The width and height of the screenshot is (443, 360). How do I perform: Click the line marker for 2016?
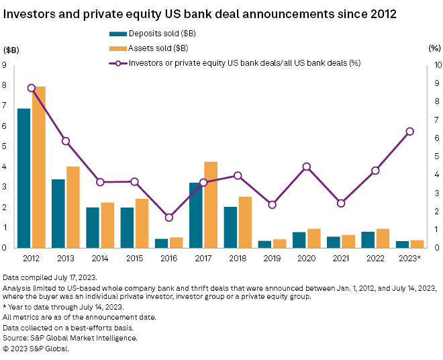coord(169,218)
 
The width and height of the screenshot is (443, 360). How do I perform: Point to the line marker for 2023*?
coord(409,131)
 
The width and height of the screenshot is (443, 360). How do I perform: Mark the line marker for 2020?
coord(306,167)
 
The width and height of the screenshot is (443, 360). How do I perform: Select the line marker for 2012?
coord(31,88)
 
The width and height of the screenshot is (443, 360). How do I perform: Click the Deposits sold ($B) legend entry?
coord(152,33)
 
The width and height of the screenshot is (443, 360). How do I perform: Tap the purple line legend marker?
coord(117,62)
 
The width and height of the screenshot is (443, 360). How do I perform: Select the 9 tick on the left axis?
coord(5,65)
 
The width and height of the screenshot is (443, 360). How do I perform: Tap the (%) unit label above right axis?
coord(434,48)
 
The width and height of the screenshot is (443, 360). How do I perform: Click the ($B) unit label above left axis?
coord(12,48)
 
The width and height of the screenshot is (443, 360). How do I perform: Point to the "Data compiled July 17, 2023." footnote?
coord(50,277)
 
